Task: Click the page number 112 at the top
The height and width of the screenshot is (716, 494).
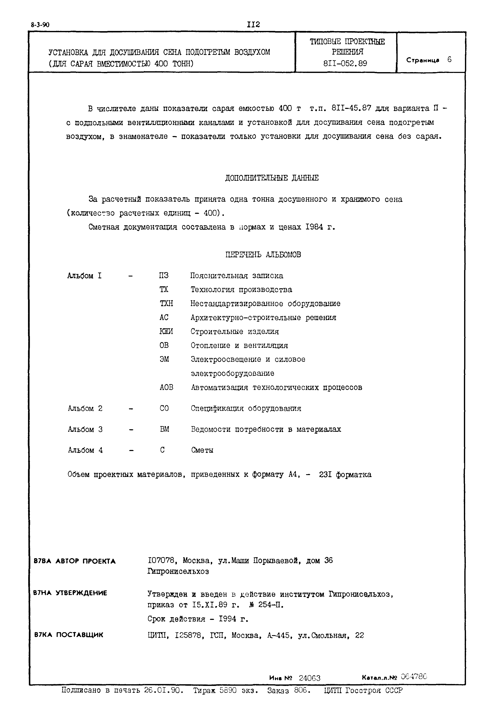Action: point(253,24)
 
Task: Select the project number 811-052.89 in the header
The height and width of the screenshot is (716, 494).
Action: point(345,64)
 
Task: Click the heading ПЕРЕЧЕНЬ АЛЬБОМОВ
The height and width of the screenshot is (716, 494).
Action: point(263,255)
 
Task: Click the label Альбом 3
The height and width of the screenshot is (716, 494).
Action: point(85,429)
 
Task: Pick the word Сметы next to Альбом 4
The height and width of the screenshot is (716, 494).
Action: point(202,450)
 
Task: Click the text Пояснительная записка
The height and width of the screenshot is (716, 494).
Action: point(236,276)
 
